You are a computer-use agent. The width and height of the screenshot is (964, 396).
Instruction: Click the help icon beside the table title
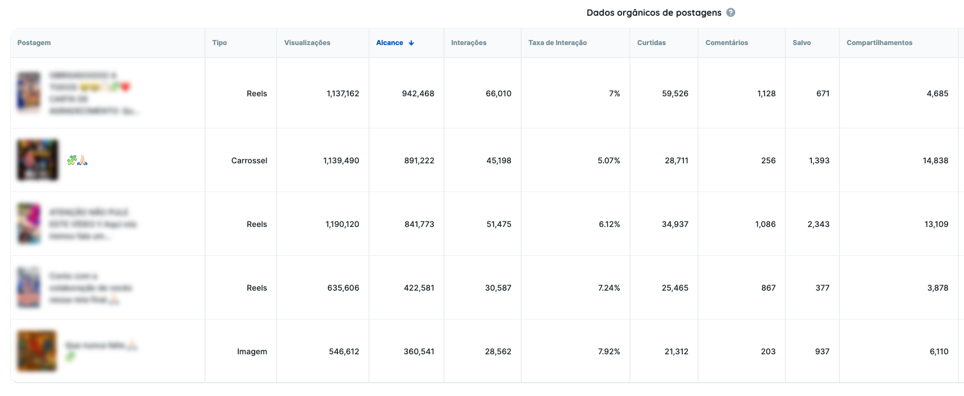[x=731, y=12]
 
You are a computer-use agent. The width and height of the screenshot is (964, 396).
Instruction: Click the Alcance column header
[x=389, y=43]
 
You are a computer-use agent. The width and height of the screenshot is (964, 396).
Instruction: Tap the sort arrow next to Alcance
[x=411, y=43]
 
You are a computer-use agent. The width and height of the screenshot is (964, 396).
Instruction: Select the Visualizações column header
[x=307, y=43]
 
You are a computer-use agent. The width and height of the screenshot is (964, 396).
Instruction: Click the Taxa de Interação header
[x=557, y=43]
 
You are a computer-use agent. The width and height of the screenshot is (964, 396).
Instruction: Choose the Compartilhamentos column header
[x=879, y=43]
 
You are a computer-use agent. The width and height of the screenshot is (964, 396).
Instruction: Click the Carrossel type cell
[x=249, y=161]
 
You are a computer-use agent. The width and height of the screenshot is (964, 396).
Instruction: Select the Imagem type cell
[x=252, y=351]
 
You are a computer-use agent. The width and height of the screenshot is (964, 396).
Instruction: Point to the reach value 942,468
[x=418, y=94]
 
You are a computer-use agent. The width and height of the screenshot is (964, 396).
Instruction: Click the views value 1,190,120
[x=342, y=224]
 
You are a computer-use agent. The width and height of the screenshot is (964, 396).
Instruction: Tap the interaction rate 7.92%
[x=608, y=351]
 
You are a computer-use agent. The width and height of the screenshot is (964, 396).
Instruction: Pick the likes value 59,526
[x=675, y=94]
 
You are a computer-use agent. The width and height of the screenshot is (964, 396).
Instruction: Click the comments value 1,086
[x=765, y=224]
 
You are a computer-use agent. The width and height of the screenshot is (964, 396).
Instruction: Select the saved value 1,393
[x=819, y=161]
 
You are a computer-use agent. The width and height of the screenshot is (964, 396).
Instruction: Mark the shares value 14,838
[x=935, y=161]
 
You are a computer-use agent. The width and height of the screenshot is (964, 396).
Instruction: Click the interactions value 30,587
[x=498, y=288]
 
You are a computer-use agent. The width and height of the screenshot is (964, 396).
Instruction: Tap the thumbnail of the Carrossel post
[x=38, y=160]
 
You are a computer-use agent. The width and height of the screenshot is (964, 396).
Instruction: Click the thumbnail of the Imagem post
[x=37, y=351]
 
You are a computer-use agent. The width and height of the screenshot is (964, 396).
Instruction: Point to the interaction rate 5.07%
[x=608, y=161]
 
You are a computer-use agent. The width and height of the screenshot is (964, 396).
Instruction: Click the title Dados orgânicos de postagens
[x=654, y=12]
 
